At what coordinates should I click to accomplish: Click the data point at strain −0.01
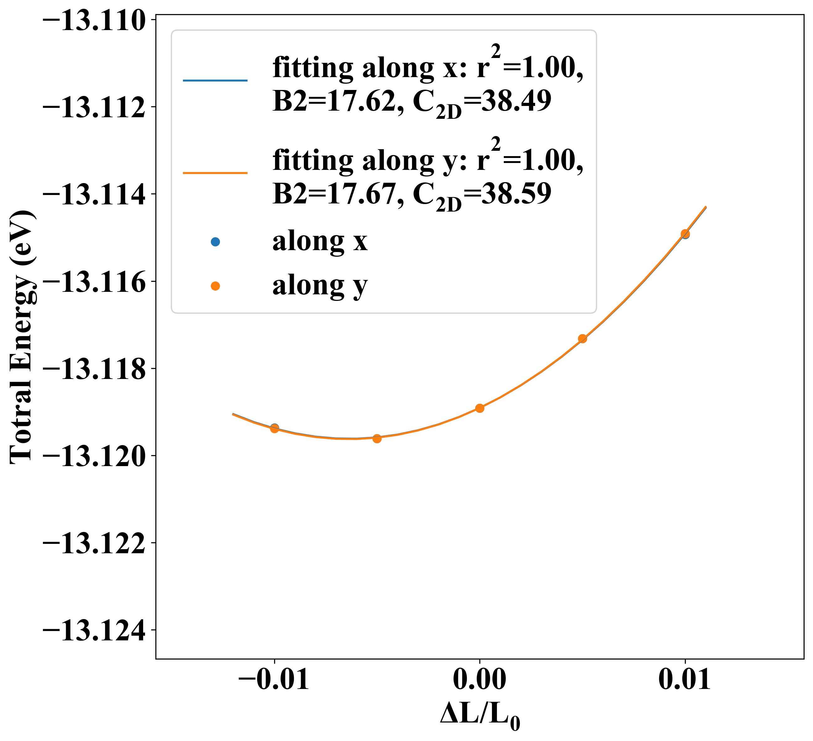pyautogui.click(x=274, y=428)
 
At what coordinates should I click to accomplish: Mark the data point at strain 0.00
pyautogui.click(x=479, y=408)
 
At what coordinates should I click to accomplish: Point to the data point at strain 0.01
pyautogui.click(x=685, y=234)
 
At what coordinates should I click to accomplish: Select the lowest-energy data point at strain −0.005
pyautogui.click(x=377, y=439)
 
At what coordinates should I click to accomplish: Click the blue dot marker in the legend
pyautogui.click(x=215, y=242)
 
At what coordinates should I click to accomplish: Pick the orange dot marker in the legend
pyautogui.click(x=215, y=286)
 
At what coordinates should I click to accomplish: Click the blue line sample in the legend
pyautogui.click(x=215, y=81)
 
